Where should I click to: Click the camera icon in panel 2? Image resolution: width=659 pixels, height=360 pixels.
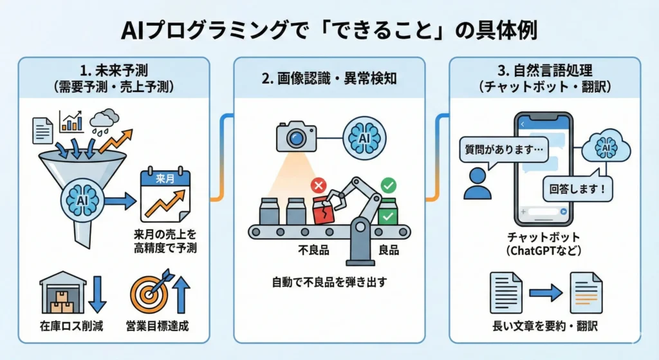click(x=296, y=136)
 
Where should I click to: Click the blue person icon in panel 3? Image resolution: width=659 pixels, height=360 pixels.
click(x=477, y=184)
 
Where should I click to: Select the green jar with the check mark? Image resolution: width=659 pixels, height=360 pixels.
click(x=388, y=211)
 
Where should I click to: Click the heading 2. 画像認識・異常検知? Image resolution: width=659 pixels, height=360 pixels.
click(x=329, y=79)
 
